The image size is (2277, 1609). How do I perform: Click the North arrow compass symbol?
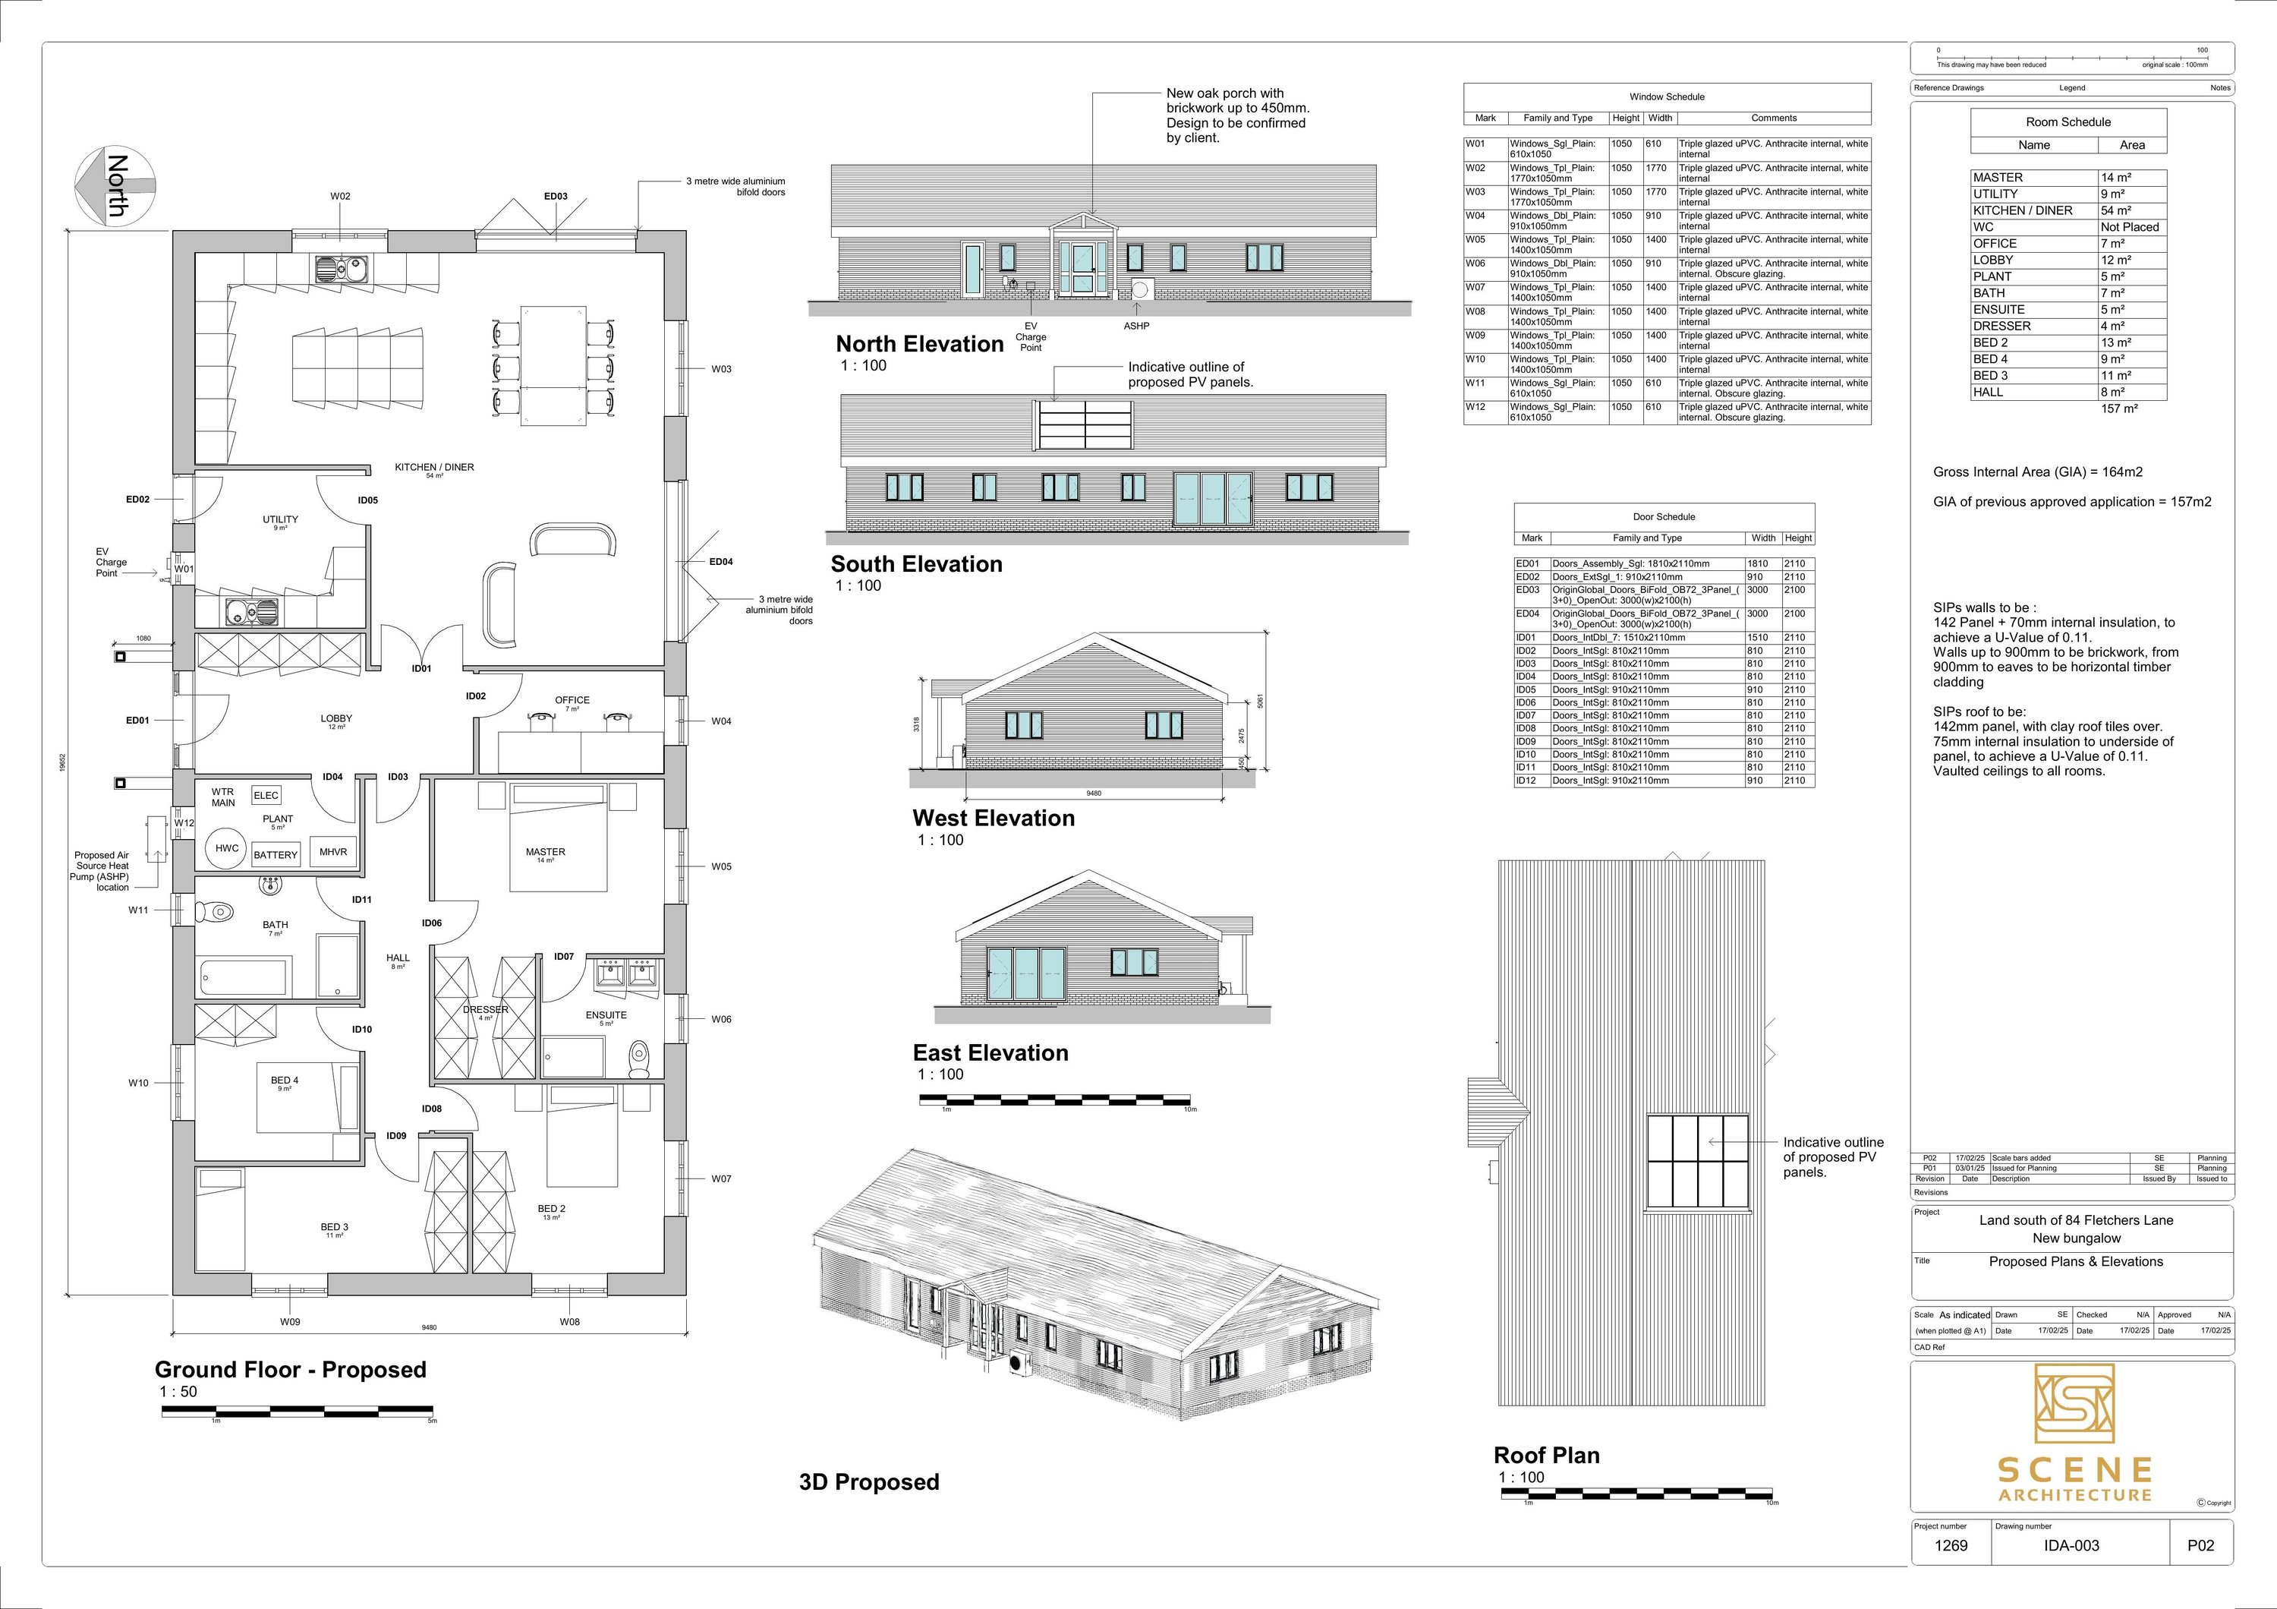coord(115,185)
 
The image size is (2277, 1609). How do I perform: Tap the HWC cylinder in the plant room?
coord(227,848)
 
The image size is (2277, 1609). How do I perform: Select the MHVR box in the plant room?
coord(333,851)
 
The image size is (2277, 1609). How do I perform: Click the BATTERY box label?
coord(275,854)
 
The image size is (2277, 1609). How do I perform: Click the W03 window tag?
coord(721,369)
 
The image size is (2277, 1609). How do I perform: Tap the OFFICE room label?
coord(572,700)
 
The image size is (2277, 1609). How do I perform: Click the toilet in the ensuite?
coord(640,1058)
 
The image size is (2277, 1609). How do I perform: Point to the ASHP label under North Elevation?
coord(1136,327)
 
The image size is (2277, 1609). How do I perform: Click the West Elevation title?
coord(993,819)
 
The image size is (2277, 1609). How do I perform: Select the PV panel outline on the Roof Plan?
coord(1698,1163)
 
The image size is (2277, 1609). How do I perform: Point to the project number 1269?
coord(1951,1545)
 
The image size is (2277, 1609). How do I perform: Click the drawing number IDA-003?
coord(2072,1545)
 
